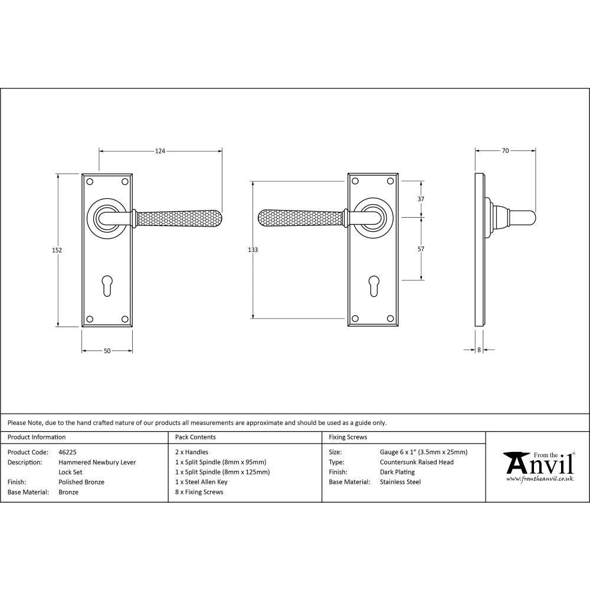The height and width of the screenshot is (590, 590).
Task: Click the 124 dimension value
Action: [x=160, y=152]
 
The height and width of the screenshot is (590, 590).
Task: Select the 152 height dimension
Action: [x=57, y=250]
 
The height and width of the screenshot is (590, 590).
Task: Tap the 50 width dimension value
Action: [x=107, y=351]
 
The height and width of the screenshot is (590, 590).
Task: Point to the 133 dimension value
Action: [x=253, y=250]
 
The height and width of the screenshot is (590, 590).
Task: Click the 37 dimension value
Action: [x=421, y=199]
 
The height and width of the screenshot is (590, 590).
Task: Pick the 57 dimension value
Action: [x=421, y=249]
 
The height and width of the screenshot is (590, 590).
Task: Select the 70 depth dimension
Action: [x=505, y=151]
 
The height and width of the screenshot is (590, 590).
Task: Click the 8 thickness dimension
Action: [x=478, y=350]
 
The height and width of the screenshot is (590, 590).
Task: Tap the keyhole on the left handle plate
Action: [x=107, y=284]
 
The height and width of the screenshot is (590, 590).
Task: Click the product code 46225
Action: [x=68, y=453]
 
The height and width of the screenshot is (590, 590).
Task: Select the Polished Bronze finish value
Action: [x=81, y=482]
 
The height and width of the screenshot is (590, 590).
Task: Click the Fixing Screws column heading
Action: [x=348, y=437]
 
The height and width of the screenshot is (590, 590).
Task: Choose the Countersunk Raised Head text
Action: [x=417, y=463]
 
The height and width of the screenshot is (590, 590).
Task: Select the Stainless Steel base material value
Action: [x=401, y=482]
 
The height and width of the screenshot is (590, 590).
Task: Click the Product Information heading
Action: [x=37, y=437]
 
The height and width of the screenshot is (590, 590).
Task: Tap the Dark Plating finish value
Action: [x=397, y=472]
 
